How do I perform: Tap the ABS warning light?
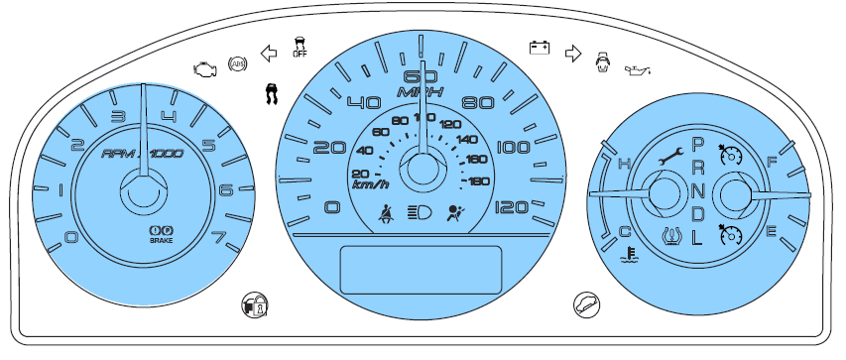236,64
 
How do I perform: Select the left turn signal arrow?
267,54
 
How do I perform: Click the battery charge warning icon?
539,47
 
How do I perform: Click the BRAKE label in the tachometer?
162,240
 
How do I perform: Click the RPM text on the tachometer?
122,154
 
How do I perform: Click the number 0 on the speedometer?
332,207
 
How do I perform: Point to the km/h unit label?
370,183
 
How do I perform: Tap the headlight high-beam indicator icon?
419,211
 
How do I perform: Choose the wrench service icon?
671,158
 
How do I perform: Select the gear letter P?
697,145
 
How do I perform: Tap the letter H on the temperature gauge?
624,163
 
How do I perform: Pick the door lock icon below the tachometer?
255,304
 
